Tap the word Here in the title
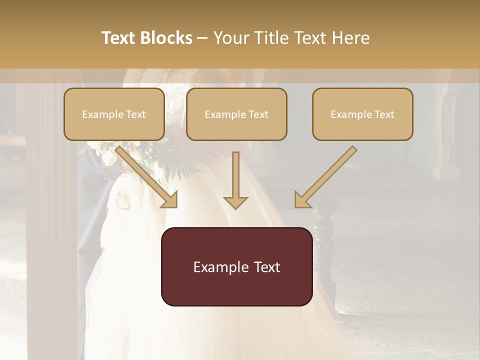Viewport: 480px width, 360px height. [x=352, y=38]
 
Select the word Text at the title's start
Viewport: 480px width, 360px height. [x=118, y=38]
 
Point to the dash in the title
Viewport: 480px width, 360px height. [x=202, y=38]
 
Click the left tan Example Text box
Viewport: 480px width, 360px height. [x=114, y=114]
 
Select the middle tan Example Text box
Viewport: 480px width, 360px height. [x=236, y=114]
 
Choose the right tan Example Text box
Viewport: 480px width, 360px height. [x=362, y=114]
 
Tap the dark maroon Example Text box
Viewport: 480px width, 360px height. [x=236, y=266]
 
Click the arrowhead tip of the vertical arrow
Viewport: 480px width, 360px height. [x=235, y=207]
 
